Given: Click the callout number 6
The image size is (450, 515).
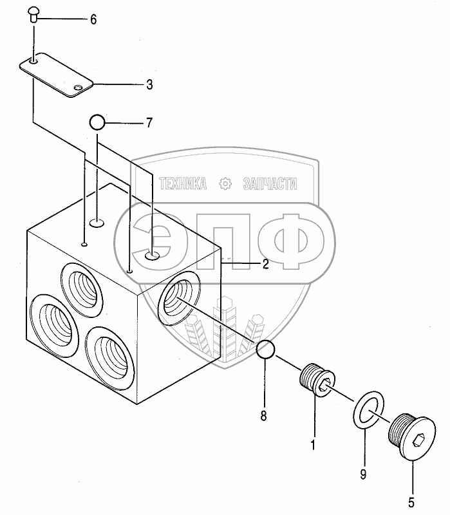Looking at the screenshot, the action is (93, 20).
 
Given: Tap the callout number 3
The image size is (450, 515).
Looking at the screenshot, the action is (149, 84).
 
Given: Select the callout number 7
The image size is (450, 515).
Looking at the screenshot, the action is (149, 122).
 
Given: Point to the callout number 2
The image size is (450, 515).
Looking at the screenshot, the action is (264, 263).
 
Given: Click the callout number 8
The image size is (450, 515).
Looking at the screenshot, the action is (263, 416).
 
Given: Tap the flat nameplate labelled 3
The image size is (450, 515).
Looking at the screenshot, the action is (57, 75).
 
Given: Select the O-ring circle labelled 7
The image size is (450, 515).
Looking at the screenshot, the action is (97, 122).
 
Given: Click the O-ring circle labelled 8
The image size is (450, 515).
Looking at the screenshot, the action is (267, 351).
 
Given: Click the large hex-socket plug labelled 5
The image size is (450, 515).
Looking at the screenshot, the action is (409, 435).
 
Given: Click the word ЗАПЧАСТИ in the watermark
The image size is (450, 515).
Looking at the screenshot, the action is (270, 184).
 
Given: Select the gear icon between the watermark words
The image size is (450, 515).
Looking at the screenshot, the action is (225, 184).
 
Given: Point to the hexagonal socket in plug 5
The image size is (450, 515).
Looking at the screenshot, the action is (418, 443).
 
